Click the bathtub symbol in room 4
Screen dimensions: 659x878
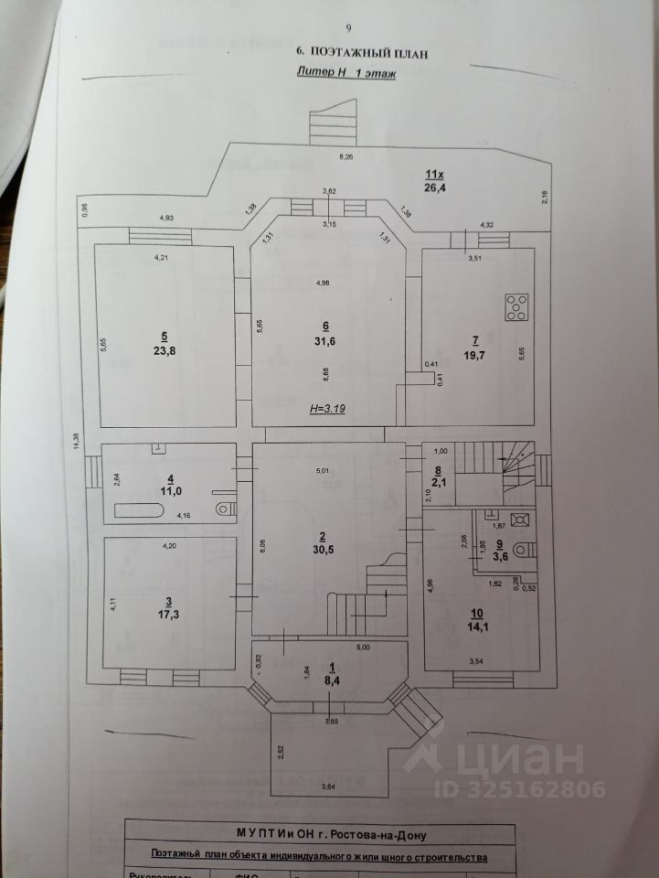tap(141, 509)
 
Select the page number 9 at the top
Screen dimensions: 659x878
tap(348, 28)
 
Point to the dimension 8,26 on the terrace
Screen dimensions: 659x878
tap(346, 156)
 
